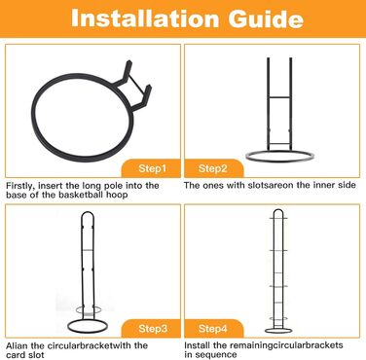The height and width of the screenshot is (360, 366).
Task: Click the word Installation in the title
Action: click(144, 18)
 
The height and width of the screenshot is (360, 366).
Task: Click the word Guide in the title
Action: click(266, 18)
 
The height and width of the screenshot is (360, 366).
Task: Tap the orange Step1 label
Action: click(152, 168)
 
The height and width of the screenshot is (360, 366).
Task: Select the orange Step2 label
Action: click(213, 168)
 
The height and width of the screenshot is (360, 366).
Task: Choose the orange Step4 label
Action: click(213, 329)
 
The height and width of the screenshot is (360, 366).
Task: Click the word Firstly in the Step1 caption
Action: click(20, 186)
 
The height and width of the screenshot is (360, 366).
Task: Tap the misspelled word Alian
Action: click(17, 345)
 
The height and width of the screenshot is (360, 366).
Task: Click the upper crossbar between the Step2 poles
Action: click(279, 97)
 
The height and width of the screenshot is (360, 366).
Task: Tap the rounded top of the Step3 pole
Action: click(88, 214)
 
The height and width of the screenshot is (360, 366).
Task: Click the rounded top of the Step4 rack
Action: click(278, 212)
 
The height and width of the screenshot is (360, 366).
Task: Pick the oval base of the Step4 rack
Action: click(278, 331)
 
